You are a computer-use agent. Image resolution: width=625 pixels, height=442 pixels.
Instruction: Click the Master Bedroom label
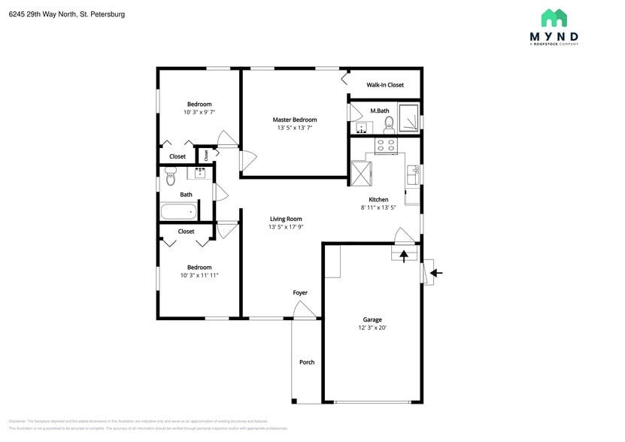click(294, 120)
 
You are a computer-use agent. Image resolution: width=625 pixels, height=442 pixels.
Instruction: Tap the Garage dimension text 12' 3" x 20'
click(372, 328)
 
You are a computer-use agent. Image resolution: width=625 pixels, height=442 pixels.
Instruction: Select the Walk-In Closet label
click(385, 85)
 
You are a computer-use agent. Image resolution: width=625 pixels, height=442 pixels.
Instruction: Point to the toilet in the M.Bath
click(389, 123)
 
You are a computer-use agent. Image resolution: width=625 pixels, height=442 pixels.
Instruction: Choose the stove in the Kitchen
click(386, 145)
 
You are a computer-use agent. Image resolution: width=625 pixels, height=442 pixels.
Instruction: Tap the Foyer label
click(300, 292)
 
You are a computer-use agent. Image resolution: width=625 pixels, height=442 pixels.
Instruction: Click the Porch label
click(307, 362)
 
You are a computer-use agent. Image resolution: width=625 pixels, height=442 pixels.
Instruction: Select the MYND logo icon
click(554, 18)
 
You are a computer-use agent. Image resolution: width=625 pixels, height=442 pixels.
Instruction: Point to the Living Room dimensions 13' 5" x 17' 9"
click(286, 227)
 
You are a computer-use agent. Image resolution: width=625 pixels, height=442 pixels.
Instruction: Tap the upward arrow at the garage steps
click(404, 256)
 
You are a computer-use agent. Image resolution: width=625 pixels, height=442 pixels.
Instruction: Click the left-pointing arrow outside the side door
click(436, 273)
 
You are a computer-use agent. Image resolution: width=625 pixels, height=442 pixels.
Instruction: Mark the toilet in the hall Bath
click(170, 177)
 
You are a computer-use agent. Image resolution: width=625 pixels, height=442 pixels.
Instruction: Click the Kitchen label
click(378, 199)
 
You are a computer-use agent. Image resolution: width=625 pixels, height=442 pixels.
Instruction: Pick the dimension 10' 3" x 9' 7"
click(199, 112)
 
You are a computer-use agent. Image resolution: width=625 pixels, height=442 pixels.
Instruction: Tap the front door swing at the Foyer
click(304, 310)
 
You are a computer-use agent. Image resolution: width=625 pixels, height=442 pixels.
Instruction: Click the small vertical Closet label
click(206, 155)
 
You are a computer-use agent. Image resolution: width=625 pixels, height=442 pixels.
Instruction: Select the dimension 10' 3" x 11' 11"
click(199, 275)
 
